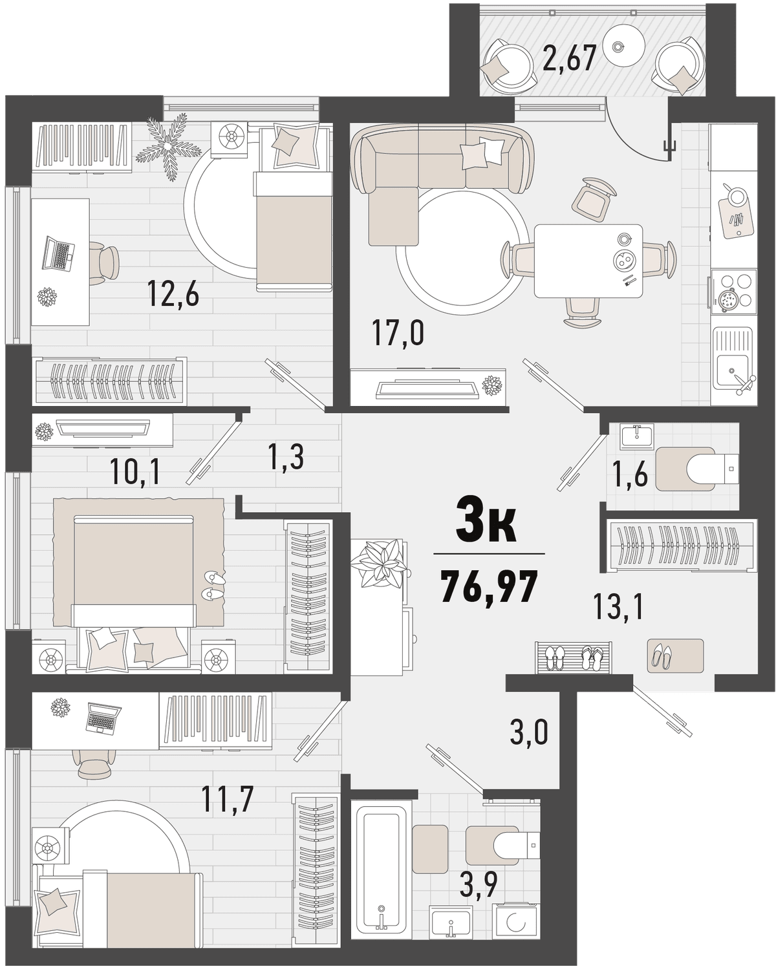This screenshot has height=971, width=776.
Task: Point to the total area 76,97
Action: [x=490, y=587]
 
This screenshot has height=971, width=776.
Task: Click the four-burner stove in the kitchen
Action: [x=733, y=292]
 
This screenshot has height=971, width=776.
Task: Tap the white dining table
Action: [x=588, y=261]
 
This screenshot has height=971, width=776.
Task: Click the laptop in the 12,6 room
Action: [x=59, y=254]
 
